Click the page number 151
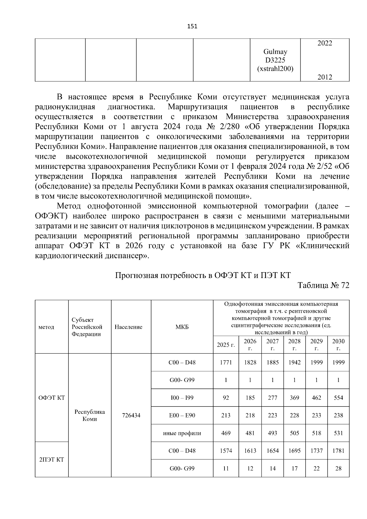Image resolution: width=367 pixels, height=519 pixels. point(192,26)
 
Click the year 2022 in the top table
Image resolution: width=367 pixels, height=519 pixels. point(324,43)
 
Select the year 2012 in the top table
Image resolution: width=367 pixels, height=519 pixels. point(324,77)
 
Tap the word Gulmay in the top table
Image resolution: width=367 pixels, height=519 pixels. point(275,52)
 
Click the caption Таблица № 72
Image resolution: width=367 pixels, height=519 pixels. point(323,285)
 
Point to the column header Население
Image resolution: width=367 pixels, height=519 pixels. point(128,327)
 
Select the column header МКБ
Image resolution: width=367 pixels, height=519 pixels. point(182,327)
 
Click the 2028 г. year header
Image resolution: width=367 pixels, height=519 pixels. point(294,345)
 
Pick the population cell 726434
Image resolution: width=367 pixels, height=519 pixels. point(131,415)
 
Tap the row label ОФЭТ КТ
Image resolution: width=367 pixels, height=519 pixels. point(52,398)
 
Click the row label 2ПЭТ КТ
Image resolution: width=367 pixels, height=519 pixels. point(52,460)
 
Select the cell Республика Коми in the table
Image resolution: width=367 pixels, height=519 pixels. point(90,415)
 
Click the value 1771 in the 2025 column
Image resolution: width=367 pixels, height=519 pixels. point(226,362)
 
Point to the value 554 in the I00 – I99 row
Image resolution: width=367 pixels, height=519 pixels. point(338,398)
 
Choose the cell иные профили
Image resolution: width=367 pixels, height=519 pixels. point(182,433)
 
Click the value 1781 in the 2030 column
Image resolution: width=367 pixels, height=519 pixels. point(338,451)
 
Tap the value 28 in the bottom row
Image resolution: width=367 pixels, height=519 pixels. point(338,469)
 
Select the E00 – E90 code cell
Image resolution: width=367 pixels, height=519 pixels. point(182,415)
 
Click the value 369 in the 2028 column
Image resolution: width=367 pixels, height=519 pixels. point(294,398)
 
